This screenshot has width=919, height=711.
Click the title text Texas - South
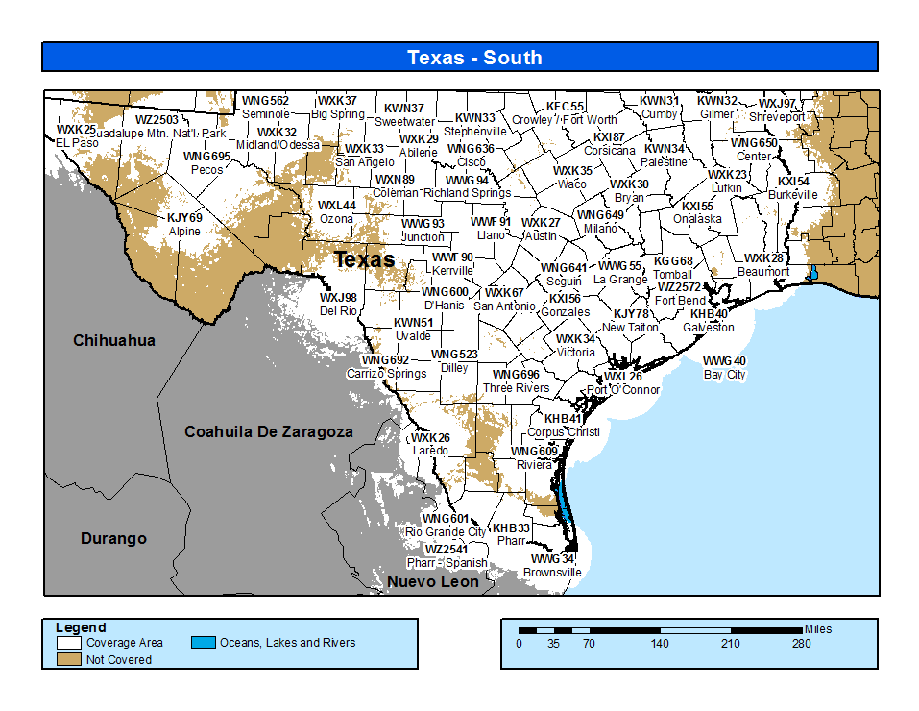(x=474, y=58)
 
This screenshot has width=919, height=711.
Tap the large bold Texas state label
(x=364, y=259)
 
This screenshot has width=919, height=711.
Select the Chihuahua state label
(x=114, y=340)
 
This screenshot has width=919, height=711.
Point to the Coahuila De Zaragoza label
(x=268, y=432)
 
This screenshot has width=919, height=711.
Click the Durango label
(x=113, y=539)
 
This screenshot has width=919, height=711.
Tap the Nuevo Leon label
(x=432, y=581)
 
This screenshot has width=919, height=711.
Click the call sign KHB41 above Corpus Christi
(x=564, y=419)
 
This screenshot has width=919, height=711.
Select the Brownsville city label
(x=552, y=573)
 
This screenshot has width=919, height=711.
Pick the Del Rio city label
(x=338, y=311)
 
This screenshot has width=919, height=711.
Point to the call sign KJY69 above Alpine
(x=184, y=218)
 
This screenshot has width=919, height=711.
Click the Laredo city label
(x=430, y=451)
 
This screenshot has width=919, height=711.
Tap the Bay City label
(x=724, y=375)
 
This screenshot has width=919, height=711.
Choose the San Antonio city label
(x=504, y=306)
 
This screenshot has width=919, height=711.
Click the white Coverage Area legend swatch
(x=68, y=643)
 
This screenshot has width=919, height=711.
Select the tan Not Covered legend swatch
(x=68, y=659)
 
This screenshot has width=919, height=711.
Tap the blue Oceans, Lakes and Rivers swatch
(x=203, y=643)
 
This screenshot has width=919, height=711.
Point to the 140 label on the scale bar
(x=660, y=644)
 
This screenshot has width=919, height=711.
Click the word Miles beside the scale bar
(x=818, y=629)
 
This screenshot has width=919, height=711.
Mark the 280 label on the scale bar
(x=801, y=644)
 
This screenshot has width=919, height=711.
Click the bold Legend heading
(x=81, y=628)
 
